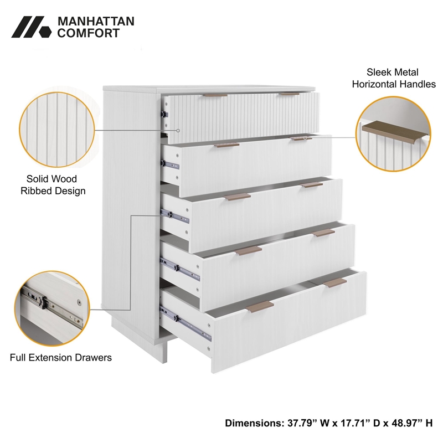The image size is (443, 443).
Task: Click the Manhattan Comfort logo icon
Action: coord(31,27)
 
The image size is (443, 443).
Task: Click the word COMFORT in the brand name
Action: coord(88,33)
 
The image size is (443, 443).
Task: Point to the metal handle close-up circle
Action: coord(393,132)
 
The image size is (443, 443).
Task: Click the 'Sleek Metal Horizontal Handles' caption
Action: coord(393,78)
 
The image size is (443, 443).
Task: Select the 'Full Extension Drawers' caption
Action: coord(61,357)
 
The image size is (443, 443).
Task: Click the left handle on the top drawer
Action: coord(215,95)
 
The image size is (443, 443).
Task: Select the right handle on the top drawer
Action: coord(289,94)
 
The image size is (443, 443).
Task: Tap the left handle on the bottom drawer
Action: coord(260,306)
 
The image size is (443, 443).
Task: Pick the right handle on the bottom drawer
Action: coord(334,283)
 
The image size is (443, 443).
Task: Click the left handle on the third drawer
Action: coord(238,197)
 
